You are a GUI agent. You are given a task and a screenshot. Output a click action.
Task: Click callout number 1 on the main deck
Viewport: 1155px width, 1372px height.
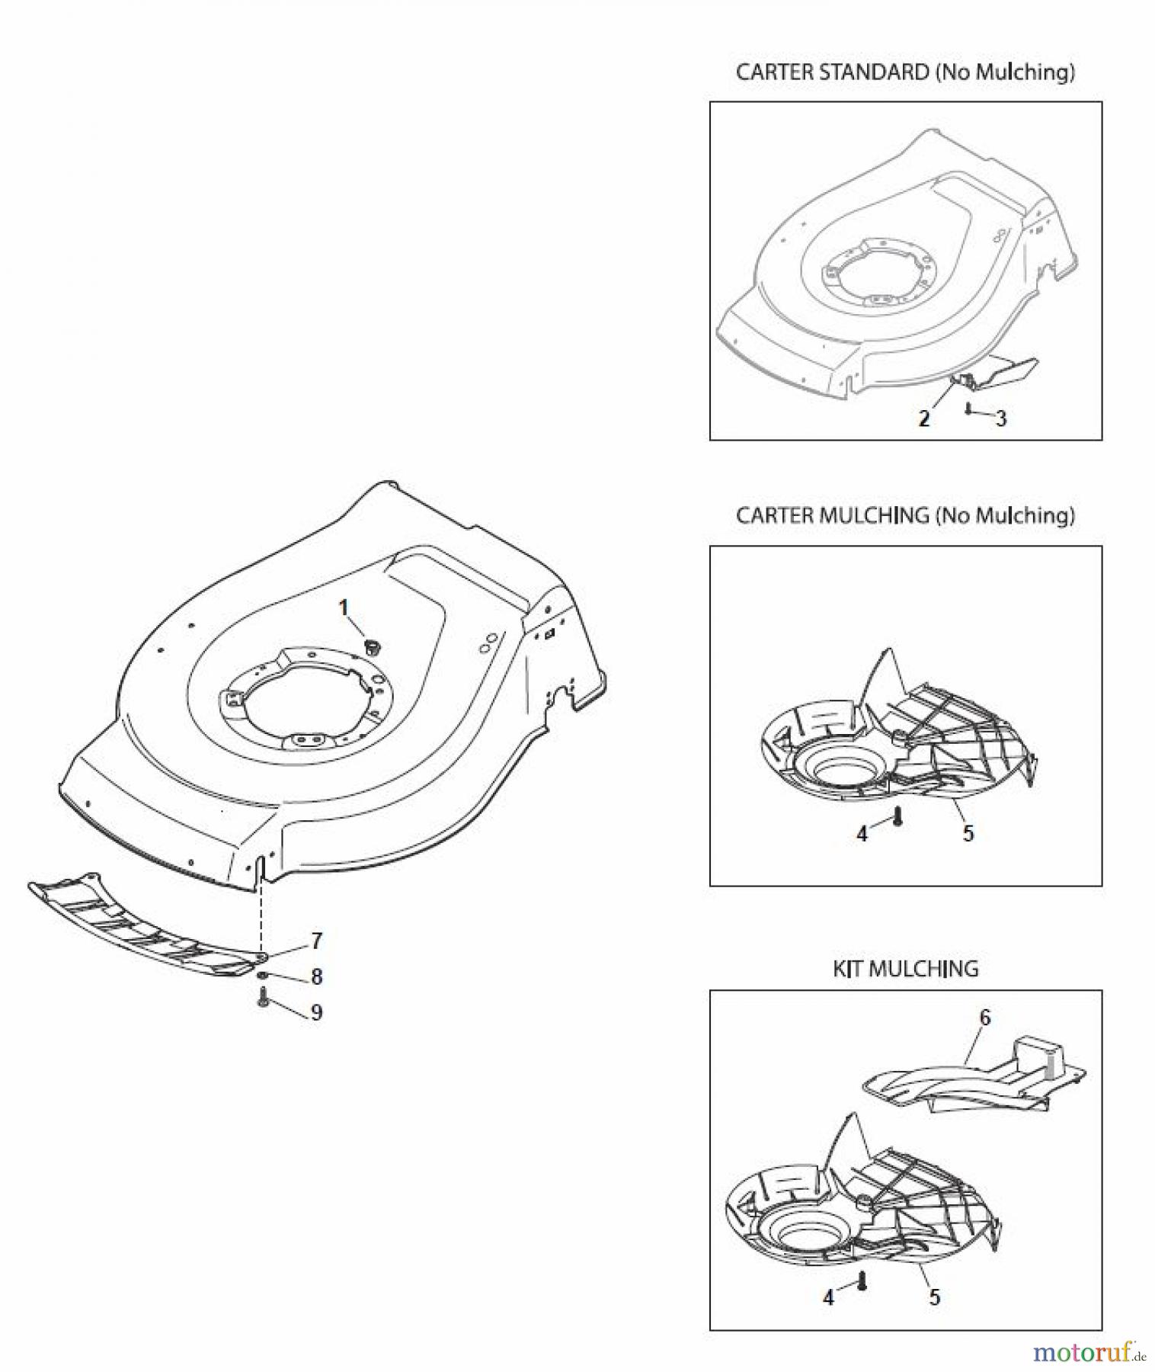coord(344,607)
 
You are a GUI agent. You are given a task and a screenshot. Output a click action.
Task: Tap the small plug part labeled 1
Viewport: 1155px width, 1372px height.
coord(373,647)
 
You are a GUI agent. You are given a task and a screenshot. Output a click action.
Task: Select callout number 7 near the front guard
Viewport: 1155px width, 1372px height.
coord(317,941)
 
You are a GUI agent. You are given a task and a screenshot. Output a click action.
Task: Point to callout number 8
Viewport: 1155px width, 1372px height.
coord(317,976)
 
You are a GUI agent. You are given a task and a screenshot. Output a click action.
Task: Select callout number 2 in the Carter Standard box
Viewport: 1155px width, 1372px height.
coord(924,418)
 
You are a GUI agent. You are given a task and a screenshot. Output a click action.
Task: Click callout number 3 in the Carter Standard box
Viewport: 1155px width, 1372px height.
coord(1001,418)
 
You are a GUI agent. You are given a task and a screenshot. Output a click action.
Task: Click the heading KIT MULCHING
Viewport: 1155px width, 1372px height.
coord(905,969)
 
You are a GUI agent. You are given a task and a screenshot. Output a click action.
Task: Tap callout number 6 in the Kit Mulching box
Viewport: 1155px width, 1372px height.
coord(985,1018)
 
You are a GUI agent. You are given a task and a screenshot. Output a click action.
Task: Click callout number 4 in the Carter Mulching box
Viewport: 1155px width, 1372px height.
coord(862,835)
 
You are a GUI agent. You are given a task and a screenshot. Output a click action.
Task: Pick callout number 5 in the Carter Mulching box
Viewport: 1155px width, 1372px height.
coord(968,833)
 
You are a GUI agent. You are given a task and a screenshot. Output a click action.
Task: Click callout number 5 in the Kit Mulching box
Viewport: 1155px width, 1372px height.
coord(935,1297)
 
